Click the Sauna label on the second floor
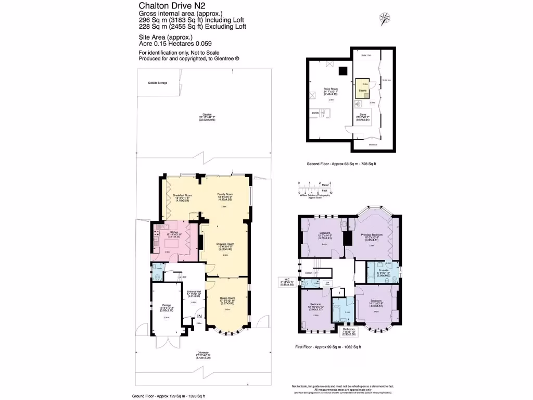[363, 90]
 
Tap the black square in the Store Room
[343, 71]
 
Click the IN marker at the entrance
[200, 316]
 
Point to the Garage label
[167, 305]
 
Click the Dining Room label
[227, 300]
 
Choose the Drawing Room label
[226, 243]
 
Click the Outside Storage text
[157, 83]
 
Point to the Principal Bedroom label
[372, 235]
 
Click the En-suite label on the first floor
[384, 270]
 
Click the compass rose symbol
[385, 17]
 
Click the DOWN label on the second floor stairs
[315, 113]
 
